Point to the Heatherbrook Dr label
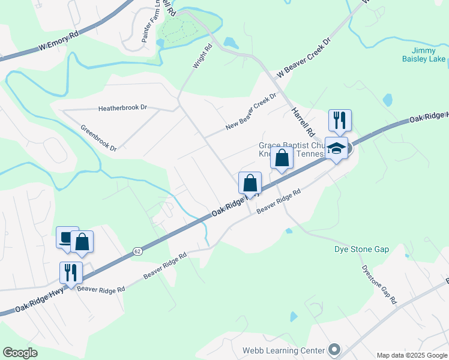[x=122, y=108]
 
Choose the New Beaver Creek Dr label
[x=251, y=112]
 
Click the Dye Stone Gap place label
[x=361, y=249]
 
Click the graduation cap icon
[x=337, y=148]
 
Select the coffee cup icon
[x=67, y=237]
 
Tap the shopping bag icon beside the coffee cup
[x=82, y=242]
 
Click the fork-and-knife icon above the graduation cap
[x=340, y=120]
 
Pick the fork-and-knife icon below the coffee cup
[x=71, y=272]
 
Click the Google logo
[x=20, y=353]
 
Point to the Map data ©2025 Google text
[x=412, y=355]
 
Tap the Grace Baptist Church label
[x=292, y=145]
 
